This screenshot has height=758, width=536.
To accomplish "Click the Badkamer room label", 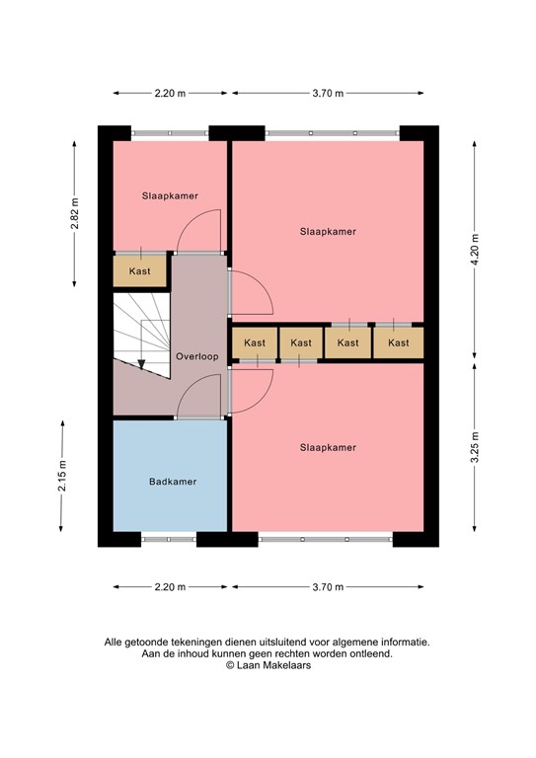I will [172, 482].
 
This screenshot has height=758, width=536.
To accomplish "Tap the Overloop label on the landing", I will [196, 356].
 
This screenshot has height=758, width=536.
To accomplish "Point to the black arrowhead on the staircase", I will [142, 363].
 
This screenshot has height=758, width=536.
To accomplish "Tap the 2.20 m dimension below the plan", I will [170, 587].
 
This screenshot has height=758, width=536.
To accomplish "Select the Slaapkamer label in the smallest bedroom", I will [170, 195].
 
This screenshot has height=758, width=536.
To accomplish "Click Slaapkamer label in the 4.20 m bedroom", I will [328, 231].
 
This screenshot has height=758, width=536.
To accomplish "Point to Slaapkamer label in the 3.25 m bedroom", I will [328, 447].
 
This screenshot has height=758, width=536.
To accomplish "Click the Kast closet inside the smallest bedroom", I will [140, 269].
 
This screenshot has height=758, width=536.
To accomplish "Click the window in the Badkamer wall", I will [168, 539].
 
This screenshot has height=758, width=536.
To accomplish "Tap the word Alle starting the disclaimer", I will [115, 642].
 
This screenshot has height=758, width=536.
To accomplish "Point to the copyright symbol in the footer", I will [230, 665].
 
